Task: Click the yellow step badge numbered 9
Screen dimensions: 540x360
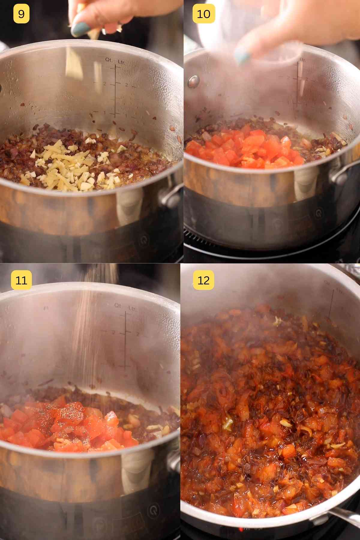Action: click(21, 14)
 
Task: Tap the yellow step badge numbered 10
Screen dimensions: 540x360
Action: click(203, 14)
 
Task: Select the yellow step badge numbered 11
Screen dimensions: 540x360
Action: click(21, 280)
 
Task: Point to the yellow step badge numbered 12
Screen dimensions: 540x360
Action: click(203, 280)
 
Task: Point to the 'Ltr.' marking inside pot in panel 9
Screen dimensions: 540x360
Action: click(121, 62)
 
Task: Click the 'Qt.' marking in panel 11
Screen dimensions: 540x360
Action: click(118, 305)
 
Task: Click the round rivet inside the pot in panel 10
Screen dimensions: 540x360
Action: click(194, 81)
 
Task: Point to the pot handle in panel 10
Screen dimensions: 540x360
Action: click(342, 174)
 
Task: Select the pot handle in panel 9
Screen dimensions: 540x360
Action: click(171, 195)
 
